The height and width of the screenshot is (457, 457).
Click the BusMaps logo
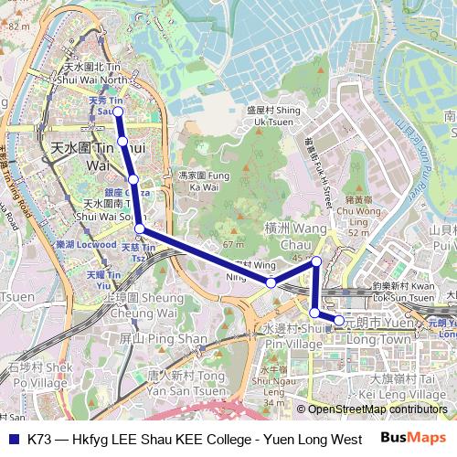click(x=413, y=439)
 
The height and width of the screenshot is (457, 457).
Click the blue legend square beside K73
click(x=14, y=439)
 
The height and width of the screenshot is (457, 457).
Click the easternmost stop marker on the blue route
click(x=339, y=321)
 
